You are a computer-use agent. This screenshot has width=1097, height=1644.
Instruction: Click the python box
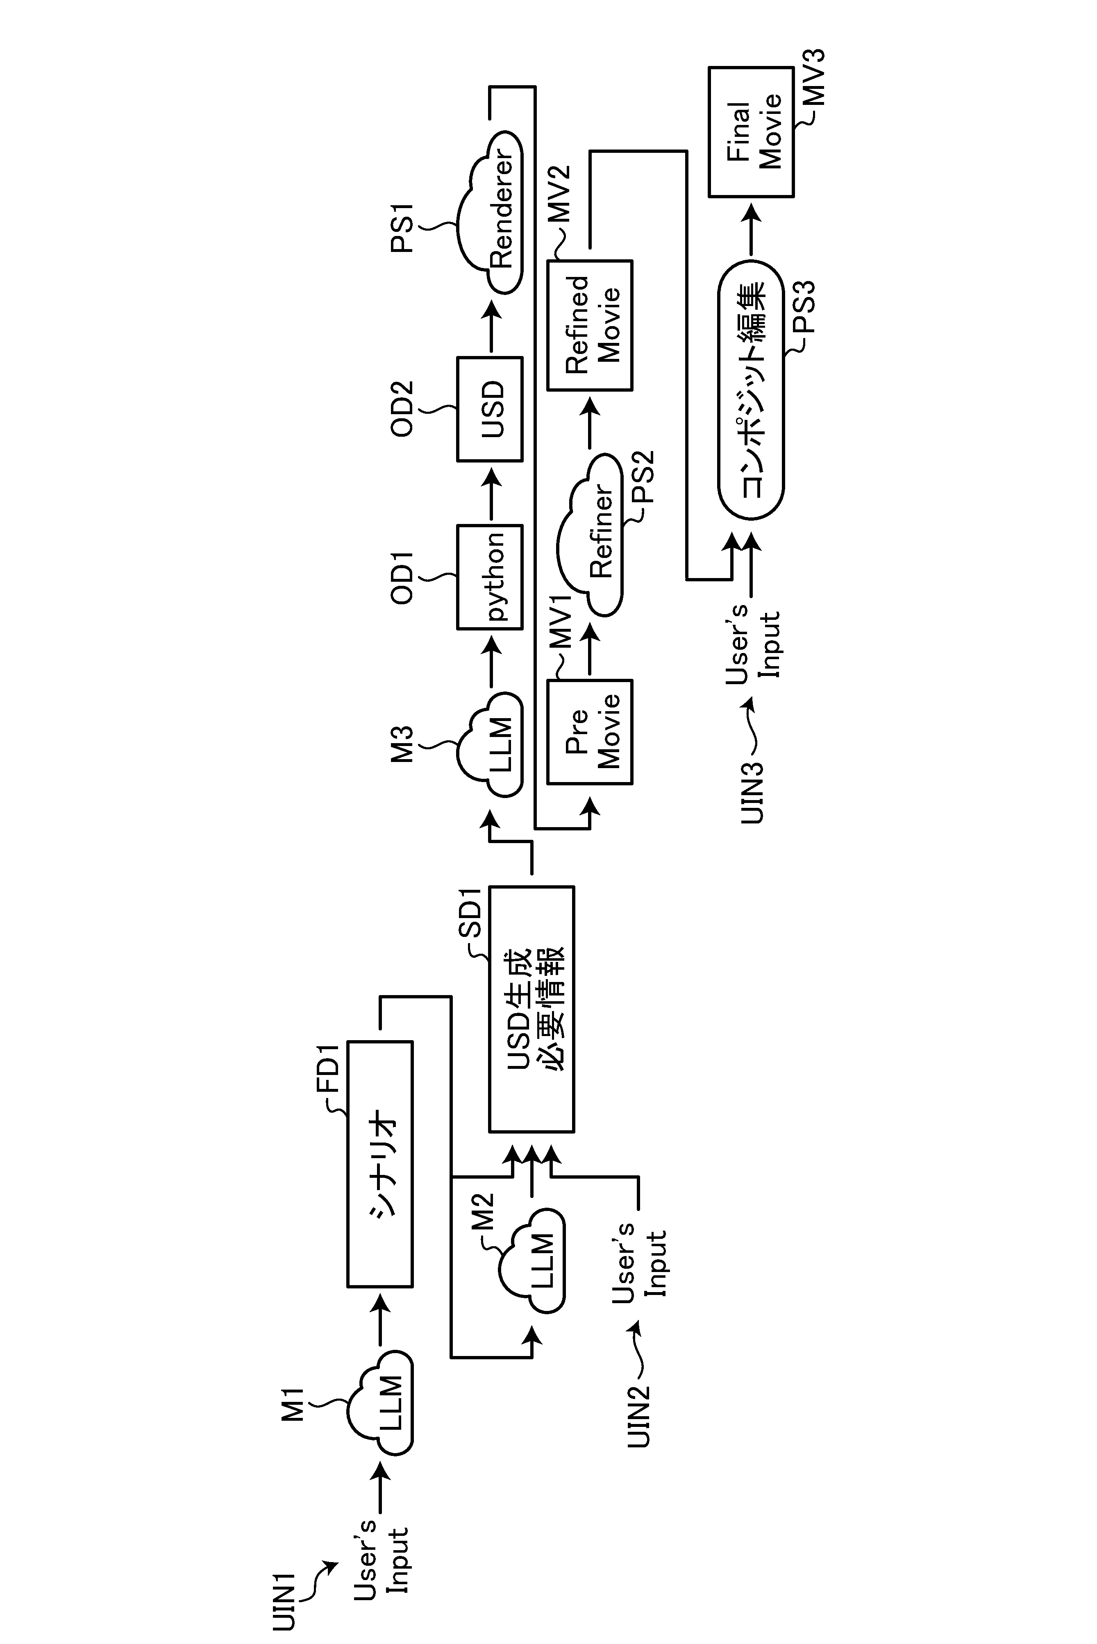point(490,577)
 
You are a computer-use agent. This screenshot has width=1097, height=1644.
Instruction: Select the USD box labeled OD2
point(490,409)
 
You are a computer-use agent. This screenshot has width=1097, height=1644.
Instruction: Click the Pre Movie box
point(590,731)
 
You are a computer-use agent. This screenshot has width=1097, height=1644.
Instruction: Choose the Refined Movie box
point(590,325)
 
